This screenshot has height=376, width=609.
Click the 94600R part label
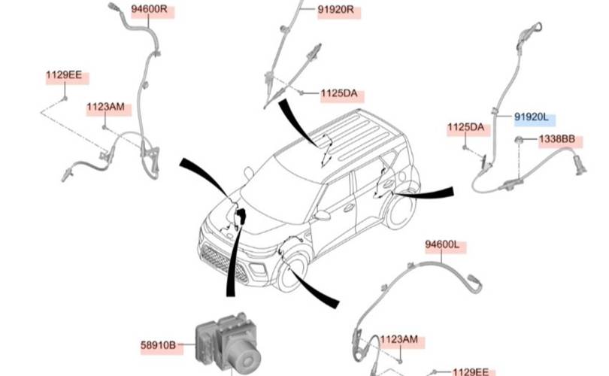click(153, 11)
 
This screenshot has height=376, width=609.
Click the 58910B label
click(158, 346)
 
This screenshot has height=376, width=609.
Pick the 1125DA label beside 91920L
click(466, 127)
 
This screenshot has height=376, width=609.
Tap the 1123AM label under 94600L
click(398, 340)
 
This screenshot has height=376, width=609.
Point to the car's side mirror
click(323, 216)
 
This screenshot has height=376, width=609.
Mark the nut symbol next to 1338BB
click(519, 141)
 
